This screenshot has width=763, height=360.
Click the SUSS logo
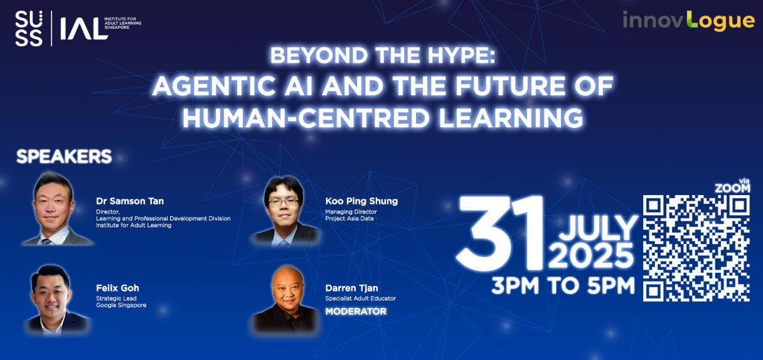click(29, 28)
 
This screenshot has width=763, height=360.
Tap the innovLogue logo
click(688, 21)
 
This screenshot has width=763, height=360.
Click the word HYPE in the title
click(462, 55)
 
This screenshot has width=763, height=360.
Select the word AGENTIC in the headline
click(214, 86)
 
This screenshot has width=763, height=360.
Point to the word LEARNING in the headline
click(511, 118)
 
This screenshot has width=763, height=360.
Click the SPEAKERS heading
click(64, 156)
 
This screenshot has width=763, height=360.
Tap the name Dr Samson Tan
click(130, 201)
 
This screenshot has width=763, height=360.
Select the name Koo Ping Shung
click(361, 201)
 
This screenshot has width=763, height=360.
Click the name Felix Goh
click(117, 288)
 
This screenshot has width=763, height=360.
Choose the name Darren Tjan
click(351, 288)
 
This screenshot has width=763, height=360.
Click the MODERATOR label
click(356, 311)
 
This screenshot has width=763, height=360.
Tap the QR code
click(696, 248)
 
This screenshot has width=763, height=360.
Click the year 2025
click(591, 256)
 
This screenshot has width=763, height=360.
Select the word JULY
click(598, 228)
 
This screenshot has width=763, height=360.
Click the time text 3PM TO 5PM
click(563, 285)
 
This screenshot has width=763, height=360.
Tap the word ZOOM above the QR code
click(732, 188)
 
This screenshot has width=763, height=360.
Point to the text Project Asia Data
click(349, 219)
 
